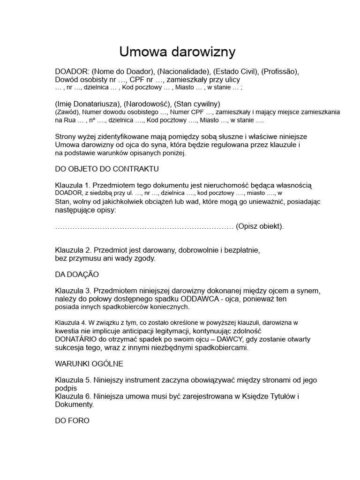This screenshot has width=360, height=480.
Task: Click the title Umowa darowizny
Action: point(177,51)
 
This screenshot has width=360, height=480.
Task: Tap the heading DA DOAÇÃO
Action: point(77,274)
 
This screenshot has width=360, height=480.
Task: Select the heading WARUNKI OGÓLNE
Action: point(89,363)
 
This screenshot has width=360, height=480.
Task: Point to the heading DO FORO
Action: point(72,420)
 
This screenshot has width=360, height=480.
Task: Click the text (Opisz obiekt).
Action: point(260,226)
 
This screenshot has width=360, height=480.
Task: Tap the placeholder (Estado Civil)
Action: point(234,72)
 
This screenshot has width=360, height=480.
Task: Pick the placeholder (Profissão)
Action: point(279,72)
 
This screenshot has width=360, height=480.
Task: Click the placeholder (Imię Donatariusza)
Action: point(88,104)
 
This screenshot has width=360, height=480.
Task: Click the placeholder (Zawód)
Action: point(67,112)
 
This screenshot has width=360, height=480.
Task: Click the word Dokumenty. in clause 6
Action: point(75,404)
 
